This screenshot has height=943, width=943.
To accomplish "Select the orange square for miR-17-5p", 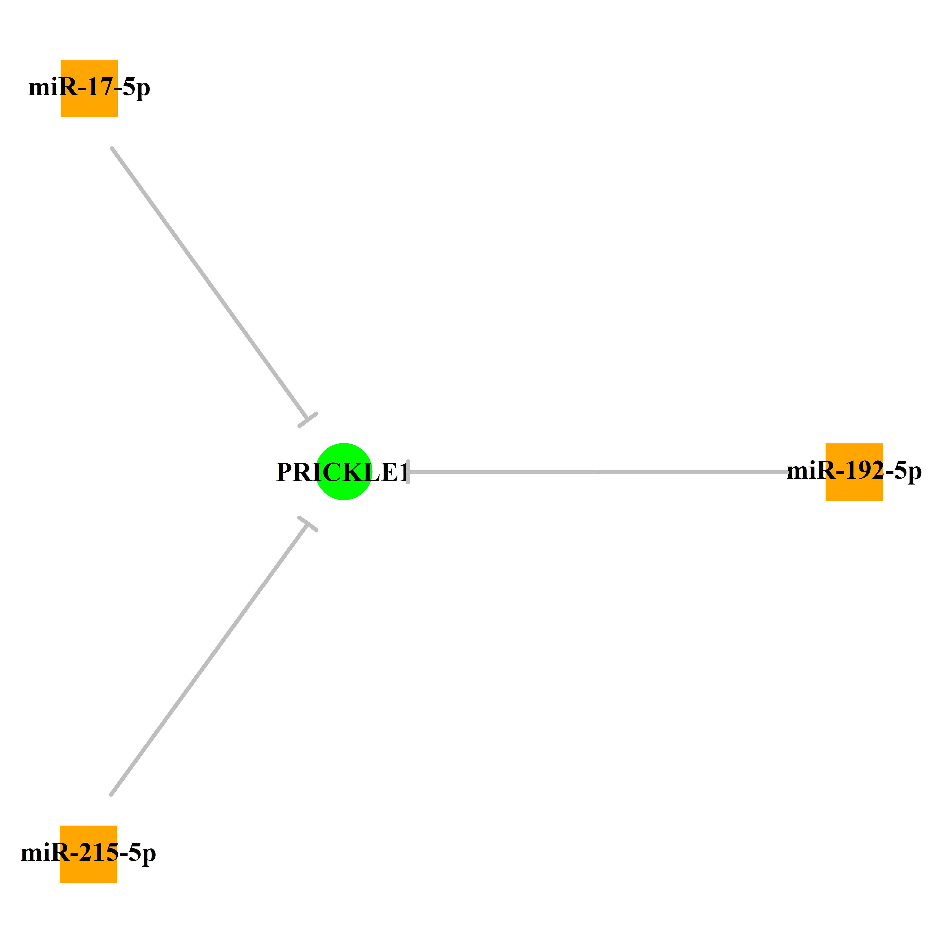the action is pos(89,88).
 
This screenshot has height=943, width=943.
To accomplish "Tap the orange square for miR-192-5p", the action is pos(854,472).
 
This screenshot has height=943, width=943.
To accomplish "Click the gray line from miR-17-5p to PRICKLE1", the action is pos(210,284).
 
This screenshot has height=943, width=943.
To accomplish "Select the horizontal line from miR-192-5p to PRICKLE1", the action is pos(598,472).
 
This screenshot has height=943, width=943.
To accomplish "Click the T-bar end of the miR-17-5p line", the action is pos(308,420).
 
